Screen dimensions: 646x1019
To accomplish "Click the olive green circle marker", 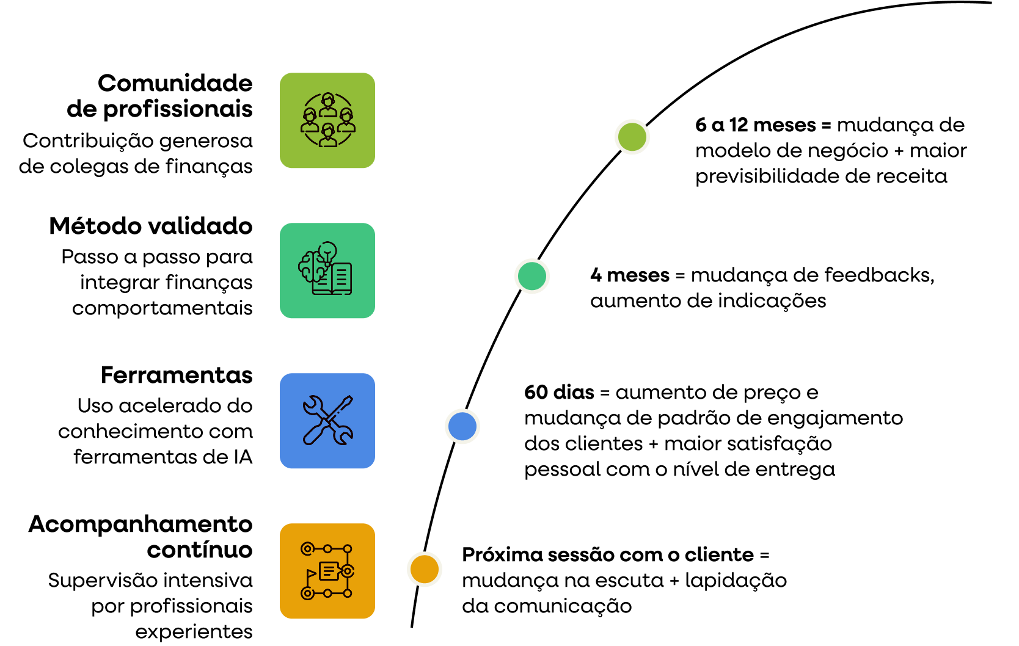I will click(632, 137).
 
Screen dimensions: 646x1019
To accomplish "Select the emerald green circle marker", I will click(532, 276).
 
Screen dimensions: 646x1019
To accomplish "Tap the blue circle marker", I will click(462, 426).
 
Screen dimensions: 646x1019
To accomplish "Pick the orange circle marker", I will click(425, 569).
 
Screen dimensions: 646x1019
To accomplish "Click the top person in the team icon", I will click(328, 103).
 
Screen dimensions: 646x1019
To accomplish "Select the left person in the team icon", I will click(310, 120).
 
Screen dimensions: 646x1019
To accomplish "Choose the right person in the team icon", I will click(346, 120).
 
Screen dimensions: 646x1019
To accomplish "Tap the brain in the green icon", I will click(311, 266).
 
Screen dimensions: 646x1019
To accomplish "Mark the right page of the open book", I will click(341, 278).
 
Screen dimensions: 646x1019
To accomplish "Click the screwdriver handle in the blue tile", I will click(315, 433).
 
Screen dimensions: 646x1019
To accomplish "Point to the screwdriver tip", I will click(349, 399).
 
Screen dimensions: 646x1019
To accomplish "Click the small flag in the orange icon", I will click(311, 573).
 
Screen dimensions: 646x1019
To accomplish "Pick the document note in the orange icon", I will click(329, 571).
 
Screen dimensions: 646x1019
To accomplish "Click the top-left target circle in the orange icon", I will click(308, 548).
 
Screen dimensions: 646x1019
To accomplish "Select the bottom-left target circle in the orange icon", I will click(308, 593).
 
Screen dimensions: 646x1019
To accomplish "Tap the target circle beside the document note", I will click(348, 571).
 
